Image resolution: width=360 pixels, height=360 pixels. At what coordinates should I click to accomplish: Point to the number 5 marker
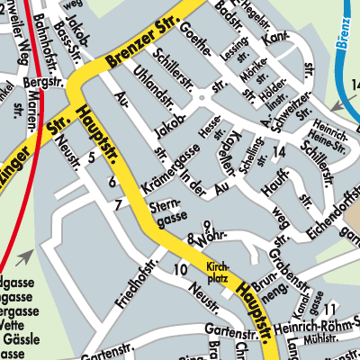pyautogui.click(x=90, y=158)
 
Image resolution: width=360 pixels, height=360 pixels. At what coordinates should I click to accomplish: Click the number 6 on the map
pyautogui.click(x=112, y=183)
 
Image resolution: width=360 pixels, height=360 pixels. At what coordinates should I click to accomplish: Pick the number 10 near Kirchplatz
pyautogui.click(x=180, y=269)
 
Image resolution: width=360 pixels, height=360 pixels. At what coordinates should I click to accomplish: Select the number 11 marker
pyautogui.click(x=330, y=310)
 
